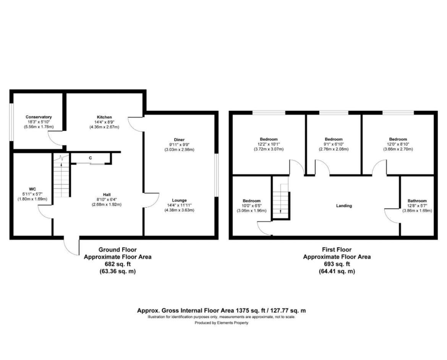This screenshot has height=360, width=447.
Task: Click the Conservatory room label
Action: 39,117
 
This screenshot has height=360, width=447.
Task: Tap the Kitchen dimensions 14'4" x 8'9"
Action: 104,122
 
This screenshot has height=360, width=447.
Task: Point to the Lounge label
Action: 179,200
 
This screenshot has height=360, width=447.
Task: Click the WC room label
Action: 32,189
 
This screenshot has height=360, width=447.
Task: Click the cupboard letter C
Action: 91,158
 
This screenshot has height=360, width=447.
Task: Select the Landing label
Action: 344,205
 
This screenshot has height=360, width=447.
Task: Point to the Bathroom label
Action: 417,201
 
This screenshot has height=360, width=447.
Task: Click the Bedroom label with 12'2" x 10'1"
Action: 269,139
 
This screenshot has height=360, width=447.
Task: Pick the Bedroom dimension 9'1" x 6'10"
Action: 334,144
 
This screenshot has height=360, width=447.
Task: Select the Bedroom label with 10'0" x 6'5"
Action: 251,201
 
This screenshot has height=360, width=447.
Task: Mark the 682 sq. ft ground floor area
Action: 117,264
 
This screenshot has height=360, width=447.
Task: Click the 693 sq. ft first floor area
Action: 337,264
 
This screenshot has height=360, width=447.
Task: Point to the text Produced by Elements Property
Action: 222,323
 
